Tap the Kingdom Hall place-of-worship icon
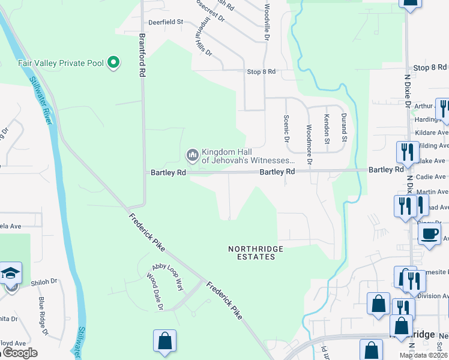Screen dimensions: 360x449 [193, 156]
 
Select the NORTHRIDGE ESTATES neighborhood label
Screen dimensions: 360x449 [255, 253]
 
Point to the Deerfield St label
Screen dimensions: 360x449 [166, 22]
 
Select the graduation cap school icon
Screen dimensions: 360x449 [10, 274]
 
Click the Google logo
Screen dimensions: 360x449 [19, 353]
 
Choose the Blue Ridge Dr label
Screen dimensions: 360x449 [43, 316]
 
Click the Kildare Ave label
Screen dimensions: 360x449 [431, 133]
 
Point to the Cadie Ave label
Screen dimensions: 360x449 [432, 177]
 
